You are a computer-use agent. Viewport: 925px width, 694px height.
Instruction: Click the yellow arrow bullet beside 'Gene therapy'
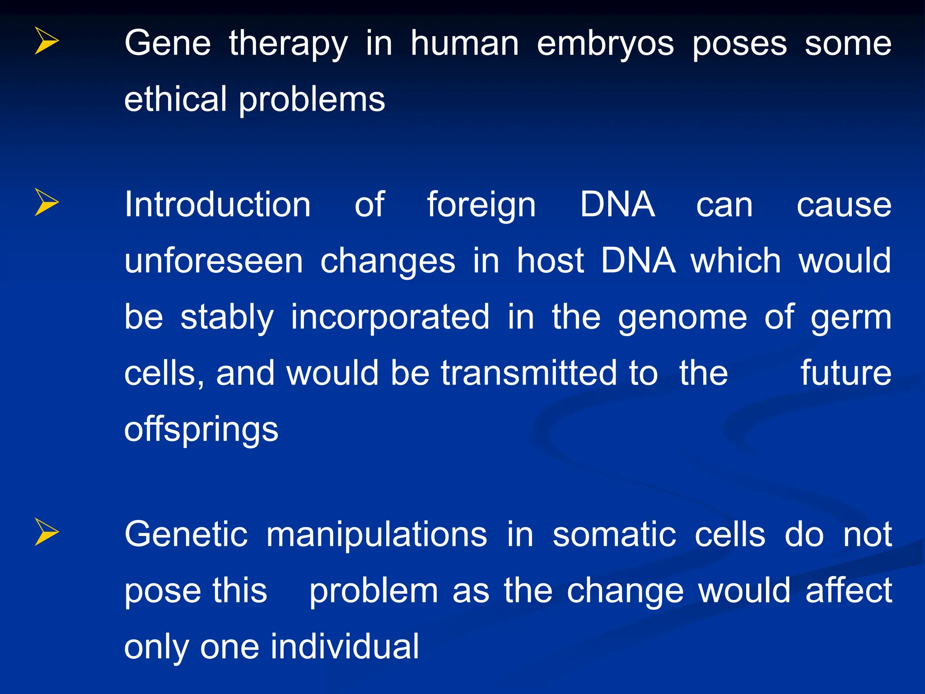tap(47, 41)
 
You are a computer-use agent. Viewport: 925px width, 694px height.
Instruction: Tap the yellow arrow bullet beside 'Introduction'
tap(47, 202)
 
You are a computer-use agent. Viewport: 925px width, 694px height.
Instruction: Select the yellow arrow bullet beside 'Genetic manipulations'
tap(47, 532)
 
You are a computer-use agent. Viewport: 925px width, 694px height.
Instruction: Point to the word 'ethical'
tap(175, 99)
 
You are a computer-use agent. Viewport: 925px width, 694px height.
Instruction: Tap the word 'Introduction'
tap(217, 205)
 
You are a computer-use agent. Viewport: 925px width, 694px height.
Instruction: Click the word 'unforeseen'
tap(213, 261)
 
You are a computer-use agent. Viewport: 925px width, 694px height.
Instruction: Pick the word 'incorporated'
tap(390, 318)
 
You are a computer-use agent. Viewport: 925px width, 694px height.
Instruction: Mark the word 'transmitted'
tap(528, 373)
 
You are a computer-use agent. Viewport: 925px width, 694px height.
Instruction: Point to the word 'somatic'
tap(614, 535)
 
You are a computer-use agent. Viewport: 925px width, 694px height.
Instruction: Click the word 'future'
tap(846, 373)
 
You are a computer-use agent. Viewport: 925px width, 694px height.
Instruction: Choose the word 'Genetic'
tap(186, 535)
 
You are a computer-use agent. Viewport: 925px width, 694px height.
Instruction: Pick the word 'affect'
tap(849, 591)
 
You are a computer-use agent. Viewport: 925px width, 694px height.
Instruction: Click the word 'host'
tap(550, 261)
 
